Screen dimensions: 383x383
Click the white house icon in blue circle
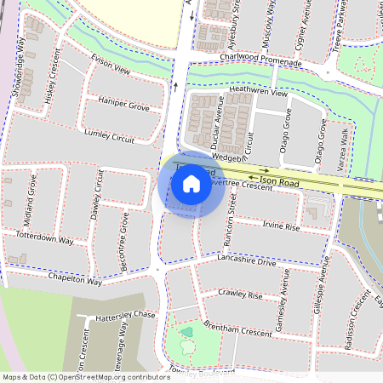click(191, 184)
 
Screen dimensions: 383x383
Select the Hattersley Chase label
click(127, 315)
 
